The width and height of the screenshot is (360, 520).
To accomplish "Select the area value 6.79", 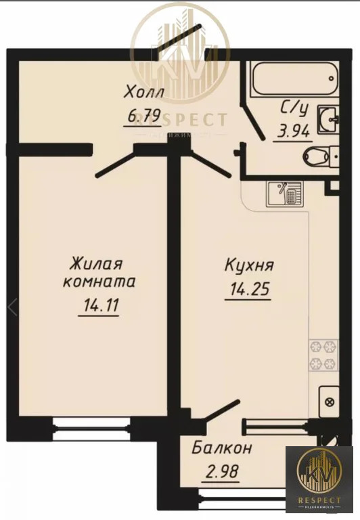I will point(144,116).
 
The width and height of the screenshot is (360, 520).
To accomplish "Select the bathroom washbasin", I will point(326,118).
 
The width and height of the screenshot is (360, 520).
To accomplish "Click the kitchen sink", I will point(283,194).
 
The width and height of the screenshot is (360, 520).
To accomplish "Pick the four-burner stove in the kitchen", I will point(323,355).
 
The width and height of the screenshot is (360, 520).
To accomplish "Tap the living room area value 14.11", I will point(99,306).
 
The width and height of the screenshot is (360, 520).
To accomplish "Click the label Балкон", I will point(222,448).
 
